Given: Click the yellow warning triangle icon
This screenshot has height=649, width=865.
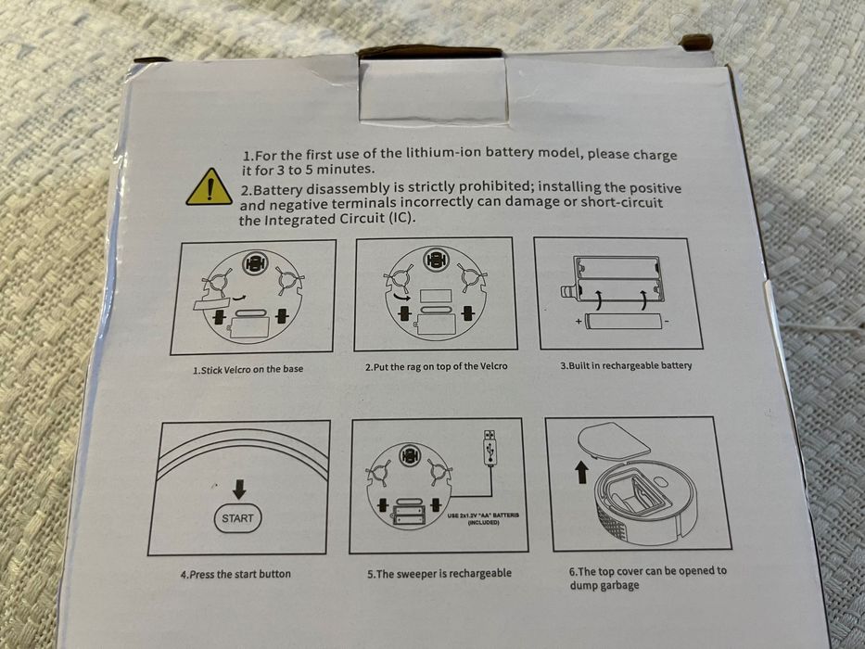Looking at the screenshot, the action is tap(210, 188).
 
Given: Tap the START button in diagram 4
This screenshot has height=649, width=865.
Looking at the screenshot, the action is tap(237, 518).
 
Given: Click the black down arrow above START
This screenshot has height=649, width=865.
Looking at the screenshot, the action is tap(239, 489).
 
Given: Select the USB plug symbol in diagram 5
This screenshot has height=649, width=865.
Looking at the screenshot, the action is tap(490, 448).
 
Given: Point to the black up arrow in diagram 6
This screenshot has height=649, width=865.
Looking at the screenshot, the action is tap(582, 473).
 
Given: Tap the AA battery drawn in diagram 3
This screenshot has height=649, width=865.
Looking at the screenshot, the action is tap(623, 321).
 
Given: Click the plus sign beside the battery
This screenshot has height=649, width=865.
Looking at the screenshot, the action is tap(579, 321).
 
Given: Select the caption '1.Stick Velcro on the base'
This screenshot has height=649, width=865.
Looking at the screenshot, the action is tap(248, 370).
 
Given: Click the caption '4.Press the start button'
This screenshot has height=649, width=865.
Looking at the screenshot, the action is tap(235, 574).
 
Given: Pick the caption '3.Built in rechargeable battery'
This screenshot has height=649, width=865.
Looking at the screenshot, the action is tap(626, 365).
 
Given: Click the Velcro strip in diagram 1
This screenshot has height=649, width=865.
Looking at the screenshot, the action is tap(210, 303).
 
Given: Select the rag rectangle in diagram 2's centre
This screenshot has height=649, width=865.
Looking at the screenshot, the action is tap(435, 296).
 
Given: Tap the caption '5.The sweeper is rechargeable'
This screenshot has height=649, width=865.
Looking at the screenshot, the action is tap(439, 573).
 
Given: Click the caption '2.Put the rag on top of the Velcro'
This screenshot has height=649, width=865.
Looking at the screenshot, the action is tap(436, 366).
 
